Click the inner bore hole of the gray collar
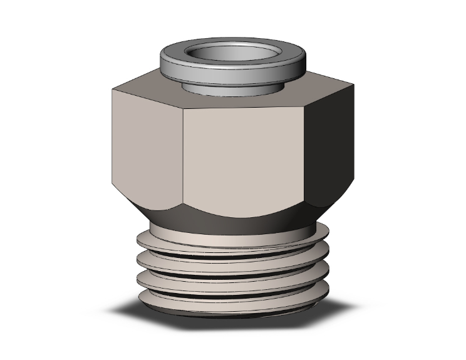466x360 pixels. click(x=232, y=54)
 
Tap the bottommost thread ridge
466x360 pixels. click(x=232, y=302)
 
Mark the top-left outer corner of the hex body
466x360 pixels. click(x=113, y=90)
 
